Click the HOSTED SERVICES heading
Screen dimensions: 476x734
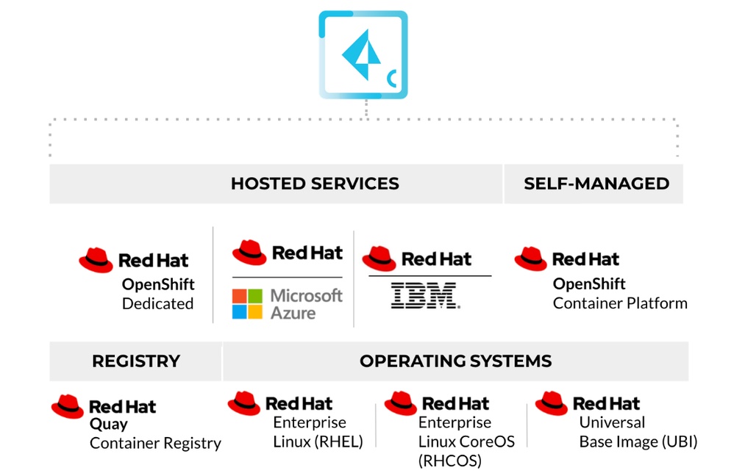[315, 184]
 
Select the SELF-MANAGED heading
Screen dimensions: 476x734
[596, 184]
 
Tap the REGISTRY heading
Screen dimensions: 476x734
[136, 361]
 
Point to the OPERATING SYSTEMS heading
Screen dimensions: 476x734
[455, 361]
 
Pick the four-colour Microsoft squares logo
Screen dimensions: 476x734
[247, 304]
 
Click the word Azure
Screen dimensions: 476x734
[293, 313]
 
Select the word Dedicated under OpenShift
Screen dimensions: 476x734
[157, 303]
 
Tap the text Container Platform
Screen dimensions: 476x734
[620, 303]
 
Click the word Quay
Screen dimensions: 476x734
[108, 424]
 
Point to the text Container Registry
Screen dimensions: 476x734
[155, 443]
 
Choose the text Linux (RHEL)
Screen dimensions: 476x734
[318, 441]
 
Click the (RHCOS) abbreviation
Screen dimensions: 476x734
[449, 461]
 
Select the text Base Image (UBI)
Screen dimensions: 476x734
[638, 441]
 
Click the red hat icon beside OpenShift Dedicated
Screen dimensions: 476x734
[96, 260]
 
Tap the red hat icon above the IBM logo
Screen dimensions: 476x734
[380, 259]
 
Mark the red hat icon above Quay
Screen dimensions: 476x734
[68, 406]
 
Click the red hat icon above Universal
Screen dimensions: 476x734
[552, 403]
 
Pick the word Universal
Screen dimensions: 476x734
[612, 422]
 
